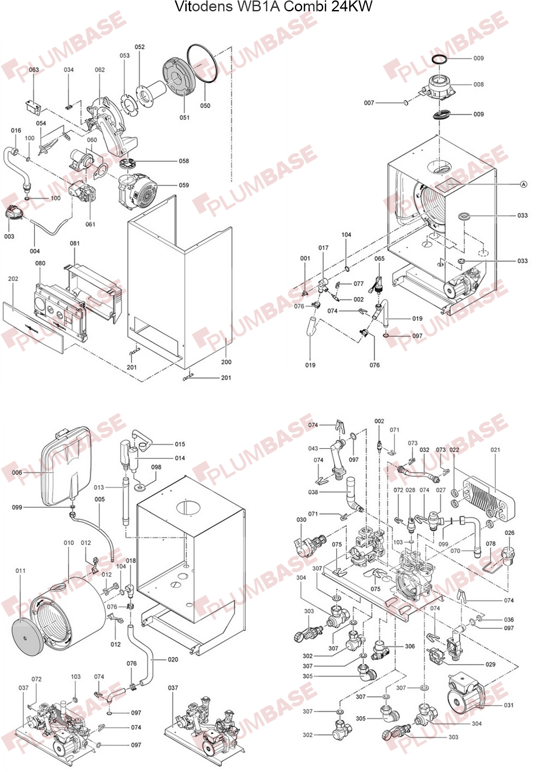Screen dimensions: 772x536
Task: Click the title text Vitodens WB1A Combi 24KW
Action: pos(273,7)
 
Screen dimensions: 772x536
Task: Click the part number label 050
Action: pos(205,105)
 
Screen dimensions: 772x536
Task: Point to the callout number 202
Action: pos(13,279)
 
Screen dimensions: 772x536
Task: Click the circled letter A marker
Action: pos(524,184)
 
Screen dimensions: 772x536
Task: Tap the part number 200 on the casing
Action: pos(226,362)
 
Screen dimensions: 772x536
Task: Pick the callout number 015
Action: pos(180,444)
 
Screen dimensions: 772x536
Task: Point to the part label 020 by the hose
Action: pos(173,660)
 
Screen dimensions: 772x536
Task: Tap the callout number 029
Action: pos(490,664)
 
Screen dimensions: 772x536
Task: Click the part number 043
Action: pos(313,448)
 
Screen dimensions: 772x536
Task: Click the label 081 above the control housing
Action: pos(75,243)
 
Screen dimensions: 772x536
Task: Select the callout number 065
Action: pos(379,258)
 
